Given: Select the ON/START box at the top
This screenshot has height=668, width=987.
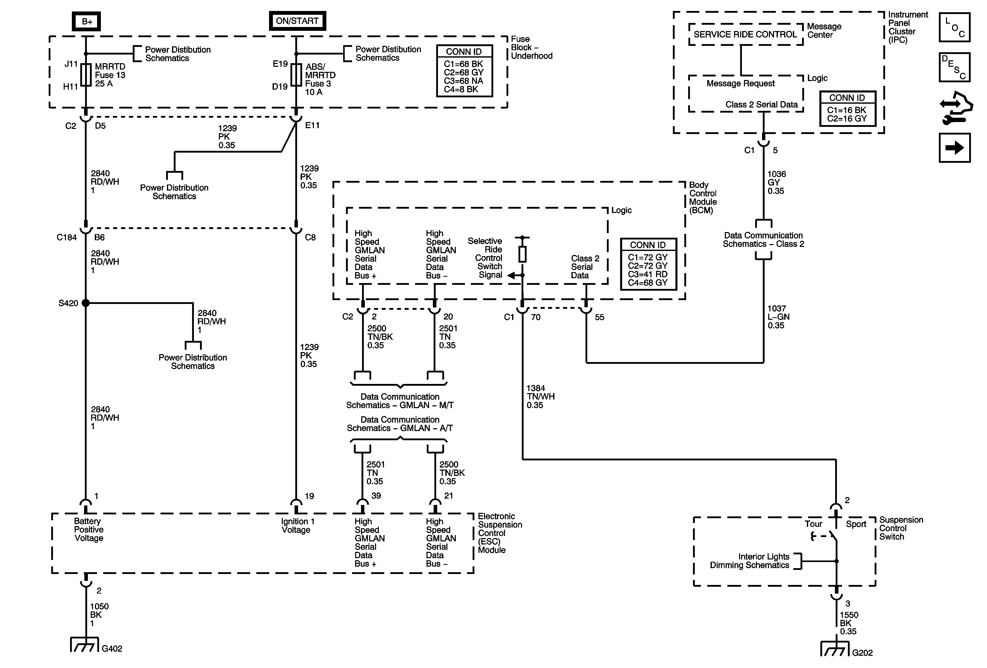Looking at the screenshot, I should (x=297, y=21).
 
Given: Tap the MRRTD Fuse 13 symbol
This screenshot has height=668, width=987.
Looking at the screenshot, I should (x=86, y=75).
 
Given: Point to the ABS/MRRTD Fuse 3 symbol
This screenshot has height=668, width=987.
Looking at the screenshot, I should (x=296, y=75).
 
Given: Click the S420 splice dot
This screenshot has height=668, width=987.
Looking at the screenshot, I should (x=86, y=303).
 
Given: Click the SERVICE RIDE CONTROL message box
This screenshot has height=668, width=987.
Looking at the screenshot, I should (x=745, y=34).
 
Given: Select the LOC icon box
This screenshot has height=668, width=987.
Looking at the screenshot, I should (x=954, y=28).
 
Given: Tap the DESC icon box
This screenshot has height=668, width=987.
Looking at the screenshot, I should (x=954, y=67).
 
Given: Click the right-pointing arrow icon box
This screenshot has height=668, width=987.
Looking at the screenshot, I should (x=954, y=148).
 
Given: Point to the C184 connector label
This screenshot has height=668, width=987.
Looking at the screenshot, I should (x=67, y=237).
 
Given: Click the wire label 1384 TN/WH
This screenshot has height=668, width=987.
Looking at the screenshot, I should (x=540, y=397).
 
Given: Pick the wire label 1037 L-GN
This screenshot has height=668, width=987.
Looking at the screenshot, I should (x=778, y=317).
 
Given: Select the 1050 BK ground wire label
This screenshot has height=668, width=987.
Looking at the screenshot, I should (x=99, y=614).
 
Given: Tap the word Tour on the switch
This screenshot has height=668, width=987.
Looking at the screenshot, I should (x=813, y=524).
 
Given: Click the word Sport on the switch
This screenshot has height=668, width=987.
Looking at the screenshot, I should (x=856, y=524).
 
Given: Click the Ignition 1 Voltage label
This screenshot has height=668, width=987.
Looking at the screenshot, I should (x=297, y=526).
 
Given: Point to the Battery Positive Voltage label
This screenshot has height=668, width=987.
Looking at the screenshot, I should (x=88, y=530).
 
